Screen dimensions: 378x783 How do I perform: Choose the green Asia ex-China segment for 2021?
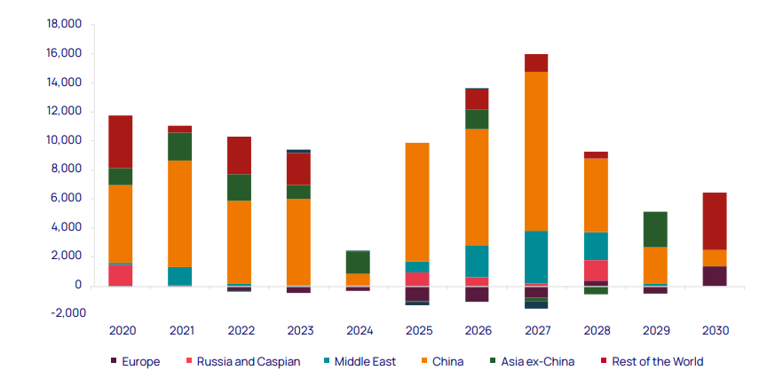pos(180,146)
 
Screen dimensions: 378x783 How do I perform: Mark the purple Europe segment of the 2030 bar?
pos(716,276)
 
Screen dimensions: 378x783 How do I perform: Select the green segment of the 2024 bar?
pos(359,262)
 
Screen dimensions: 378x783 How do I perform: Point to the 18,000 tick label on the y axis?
pos(63,25)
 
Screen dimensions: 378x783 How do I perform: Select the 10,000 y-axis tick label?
pos(63,140)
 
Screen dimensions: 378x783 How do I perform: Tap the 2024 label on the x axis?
pos(359,330)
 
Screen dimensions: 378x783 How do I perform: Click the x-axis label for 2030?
pos(716,330)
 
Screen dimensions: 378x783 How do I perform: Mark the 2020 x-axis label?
pos(122,330)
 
